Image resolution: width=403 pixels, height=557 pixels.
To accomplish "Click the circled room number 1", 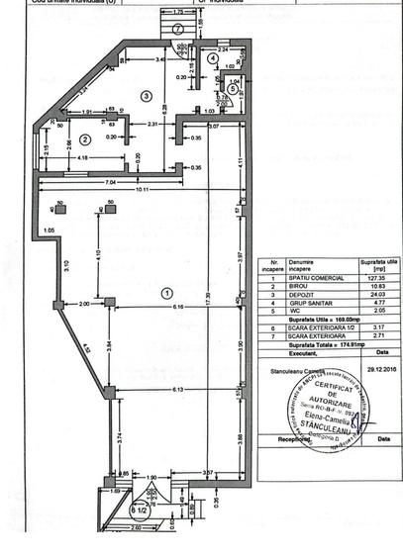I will pyautogui.click(x=168, y=292).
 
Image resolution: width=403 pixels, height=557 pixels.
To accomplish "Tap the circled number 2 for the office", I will pyautogui.click(x=85, y=139).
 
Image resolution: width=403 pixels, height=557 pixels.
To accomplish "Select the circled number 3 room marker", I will pyautogui.click(x=146, y=96).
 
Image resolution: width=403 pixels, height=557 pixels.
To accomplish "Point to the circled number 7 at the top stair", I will pyautogui.click(x=177, y=29).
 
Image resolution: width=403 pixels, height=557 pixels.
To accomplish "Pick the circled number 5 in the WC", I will pyautogui.click(x=233, y=88).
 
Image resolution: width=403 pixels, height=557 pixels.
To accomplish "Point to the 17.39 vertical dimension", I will pyautogui.click(x=179, y=297).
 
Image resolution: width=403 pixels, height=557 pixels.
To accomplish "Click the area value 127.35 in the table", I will pyautogui.click(x=371, y=280).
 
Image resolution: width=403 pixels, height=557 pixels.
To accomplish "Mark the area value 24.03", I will pyautogui.click(x=371, y=296).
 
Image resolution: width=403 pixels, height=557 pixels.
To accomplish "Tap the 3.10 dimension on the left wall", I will pyautogui.click(x=62, y=264).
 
